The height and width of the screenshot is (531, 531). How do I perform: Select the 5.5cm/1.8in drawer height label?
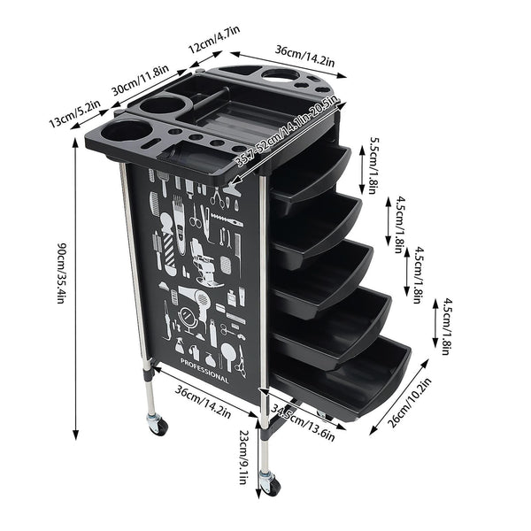[374, 165]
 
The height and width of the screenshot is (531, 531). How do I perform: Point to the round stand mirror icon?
[188, 318]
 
